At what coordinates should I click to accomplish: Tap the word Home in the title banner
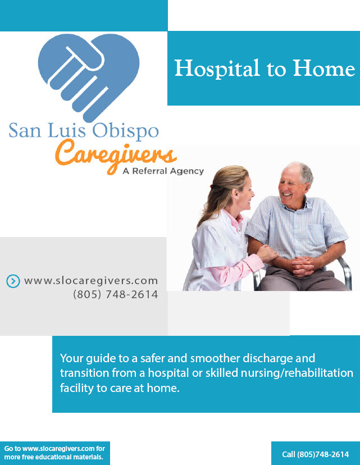[x=324, y=68]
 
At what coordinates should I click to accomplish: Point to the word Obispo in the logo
[x=125, y=131]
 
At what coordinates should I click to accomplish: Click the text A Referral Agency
[x=163, y=171]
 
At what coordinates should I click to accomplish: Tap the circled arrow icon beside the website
[x=13, y=281]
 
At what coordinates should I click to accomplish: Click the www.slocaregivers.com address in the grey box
[x=91, y=281]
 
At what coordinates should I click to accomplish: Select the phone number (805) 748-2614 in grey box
[x=115, y=294]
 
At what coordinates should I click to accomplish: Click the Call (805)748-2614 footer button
[x=316, y=454]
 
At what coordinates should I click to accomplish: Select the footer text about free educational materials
[x=54, y=453]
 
